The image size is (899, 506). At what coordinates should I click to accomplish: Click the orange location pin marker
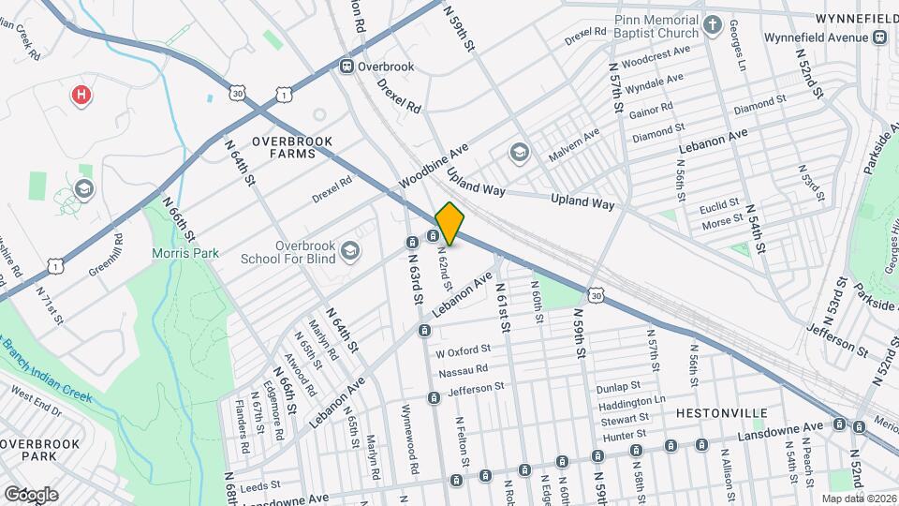pyautogui.click(x=449, y=223)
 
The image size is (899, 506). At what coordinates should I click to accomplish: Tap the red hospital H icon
pyautogui.click(x=82, y=95)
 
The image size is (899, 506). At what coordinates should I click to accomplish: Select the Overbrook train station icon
pyautogui.click(x=347, y=67)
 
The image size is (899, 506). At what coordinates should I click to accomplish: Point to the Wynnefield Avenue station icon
pyautogui.click(x=879, y=37)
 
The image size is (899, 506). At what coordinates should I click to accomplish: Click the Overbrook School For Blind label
pyautogui.click(x=287, y=251)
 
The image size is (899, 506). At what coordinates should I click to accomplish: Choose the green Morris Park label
pyautogui.click(x=182, y=253)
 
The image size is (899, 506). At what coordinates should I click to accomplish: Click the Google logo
pyautogui.click(x=31, y=494)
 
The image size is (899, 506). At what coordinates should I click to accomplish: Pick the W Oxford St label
pyautogui.click(x=464, y=353)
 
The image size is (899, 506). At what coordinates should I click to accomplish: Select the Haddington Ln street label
pyautogui.click(x=632, y=401)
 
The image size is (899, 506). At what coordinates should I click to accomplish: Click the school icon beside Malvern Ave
pyautogui.click(x=519, y=152)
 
